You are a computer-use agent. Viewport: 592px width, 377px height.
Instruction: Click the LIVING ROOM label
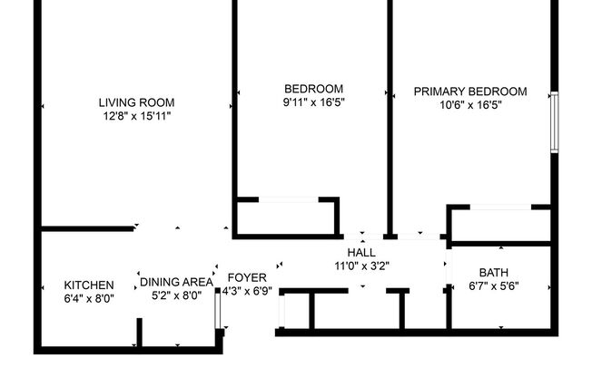coord(136,102)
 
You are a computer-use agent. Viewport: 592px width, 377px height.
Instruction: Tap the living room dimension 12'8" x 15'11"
coord(136,117)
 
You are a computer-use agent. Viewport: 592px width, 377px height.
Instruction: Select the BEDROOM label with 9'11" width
coord(313,88)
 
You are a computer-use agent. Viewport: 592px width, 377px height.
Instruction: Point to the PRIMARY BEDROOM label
coord(470,92)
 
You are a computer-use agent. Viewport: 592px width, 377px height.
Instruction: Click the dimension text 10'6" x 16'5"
coord(470,105)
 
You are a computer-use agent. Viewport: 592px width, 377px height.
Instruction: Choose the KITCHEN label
coord(89,285)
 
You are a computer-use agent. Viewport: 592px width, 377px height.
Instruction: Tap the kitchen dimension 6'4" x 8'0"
coord(89,298)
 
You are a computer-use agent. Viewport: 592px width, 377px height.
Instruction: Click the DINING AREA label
coord(176,282)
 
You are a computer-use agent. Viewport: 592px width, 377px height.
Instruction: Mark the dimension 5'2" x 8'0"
coord(176,295)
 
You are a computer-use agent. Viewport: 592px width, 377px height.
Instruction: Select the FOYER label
coord(247,277)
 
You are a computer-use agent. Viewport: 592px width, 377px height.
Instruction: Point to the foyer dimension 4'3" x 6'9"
coord(247,292)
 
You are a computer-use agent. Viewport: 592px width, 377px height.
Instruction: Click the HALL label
coord(361,252)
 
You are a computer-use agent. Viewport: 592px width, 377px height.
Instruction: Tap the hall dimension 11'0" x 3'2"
coord(361,266)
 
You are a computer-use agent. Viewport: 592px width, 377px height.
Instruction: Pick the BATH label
coord(494,272)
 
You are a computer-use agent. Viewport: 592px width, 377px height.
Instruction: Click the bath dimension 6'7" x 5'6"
coord(494,286)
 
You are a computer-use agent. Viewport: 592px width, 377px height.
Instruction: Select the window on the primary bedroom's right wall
coord(553,121)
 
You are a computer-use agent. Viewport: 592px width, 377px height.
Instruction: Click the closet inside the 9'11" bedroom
coord(285,217)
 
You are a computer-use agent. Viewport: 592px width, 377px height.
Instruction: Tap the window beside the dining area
coord(216,311)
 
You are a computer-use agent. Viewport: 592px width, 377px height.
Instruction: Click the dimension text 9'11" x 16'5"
coord(313,102)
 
